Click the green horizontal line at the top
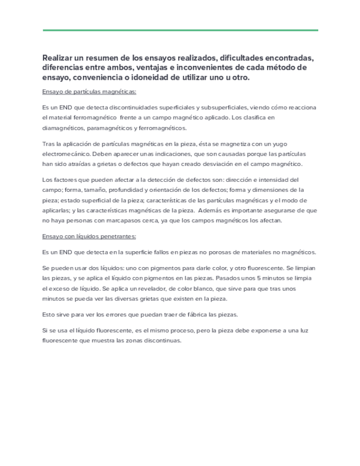click(180, 30)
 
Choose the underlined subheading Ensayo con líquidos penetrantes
click(89, 236)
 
